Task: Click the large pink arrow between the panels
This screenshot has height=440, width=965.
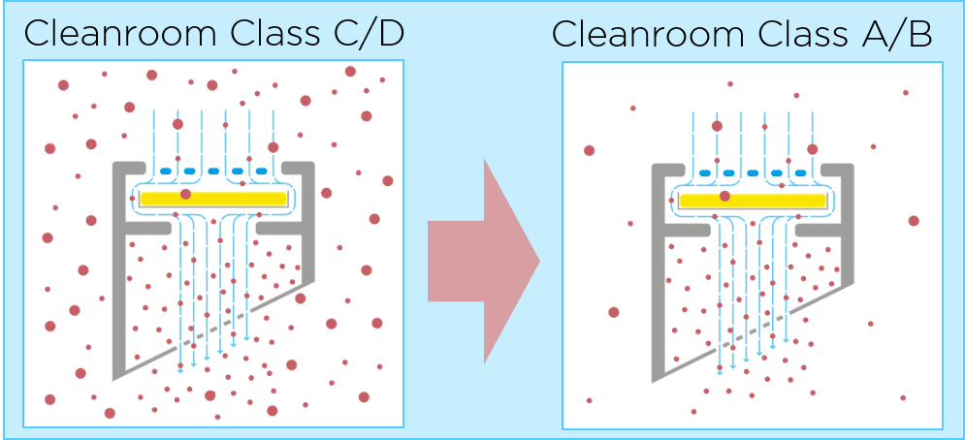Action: (x=483, y=261)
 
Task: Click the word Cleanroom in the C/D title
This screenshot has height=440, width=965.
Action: (x=120, y=34)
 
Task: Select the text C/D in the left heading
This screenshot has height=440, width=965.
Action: (x=363, y=34)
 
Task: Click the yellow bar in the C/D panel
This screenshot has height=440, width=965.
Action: (x=213, y=199)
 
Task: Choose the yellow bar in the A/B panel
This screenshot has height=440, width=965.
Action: (x=752, y=201)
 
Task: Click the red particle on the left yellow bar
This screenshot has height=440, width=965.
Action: (x=185, y=195)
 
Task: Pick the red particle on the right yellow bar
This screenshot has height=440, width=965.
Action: (x=724, y=197)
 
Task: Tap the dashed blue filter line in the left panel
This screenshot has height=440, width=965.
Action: (x=213, y=172)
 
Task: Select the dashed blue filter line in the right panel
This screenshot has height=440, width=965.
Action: (x=752, y=173)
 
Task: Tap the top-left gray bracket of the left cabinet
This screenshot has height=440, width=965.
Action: (x=129, y=168)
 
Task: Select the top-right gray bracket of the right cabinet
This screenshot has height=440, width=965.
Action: (x=838, y=170)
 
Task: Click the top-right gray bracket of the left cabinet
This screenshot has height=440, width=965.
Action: (x=299, y=168)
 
